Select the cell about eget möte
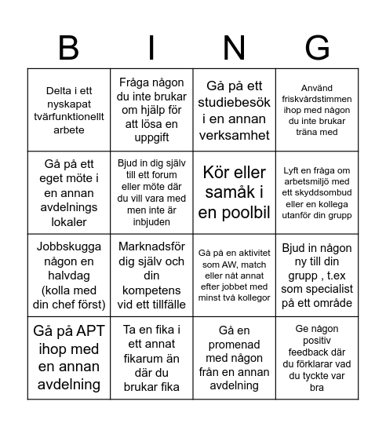click(69, 191)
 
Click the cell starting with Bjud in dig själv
click(151, 191)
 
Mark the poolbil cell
click(234, 191)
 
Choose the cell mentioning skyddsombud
click(317, 191)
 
